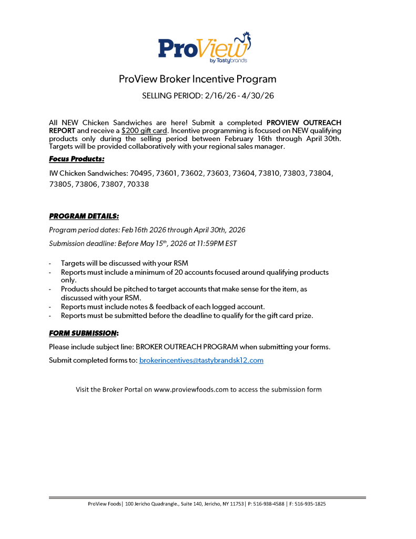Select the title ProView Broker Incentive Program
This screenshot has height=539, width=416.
(x=197, y=79)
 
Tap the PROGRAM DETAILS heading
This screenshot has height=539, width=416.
(x=84, y=216)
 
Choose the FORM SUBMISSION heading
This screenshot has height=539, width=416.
(x=83, y=333)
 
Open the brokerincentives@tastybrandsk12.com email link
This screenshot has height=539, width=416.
(x=201, y=361)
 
